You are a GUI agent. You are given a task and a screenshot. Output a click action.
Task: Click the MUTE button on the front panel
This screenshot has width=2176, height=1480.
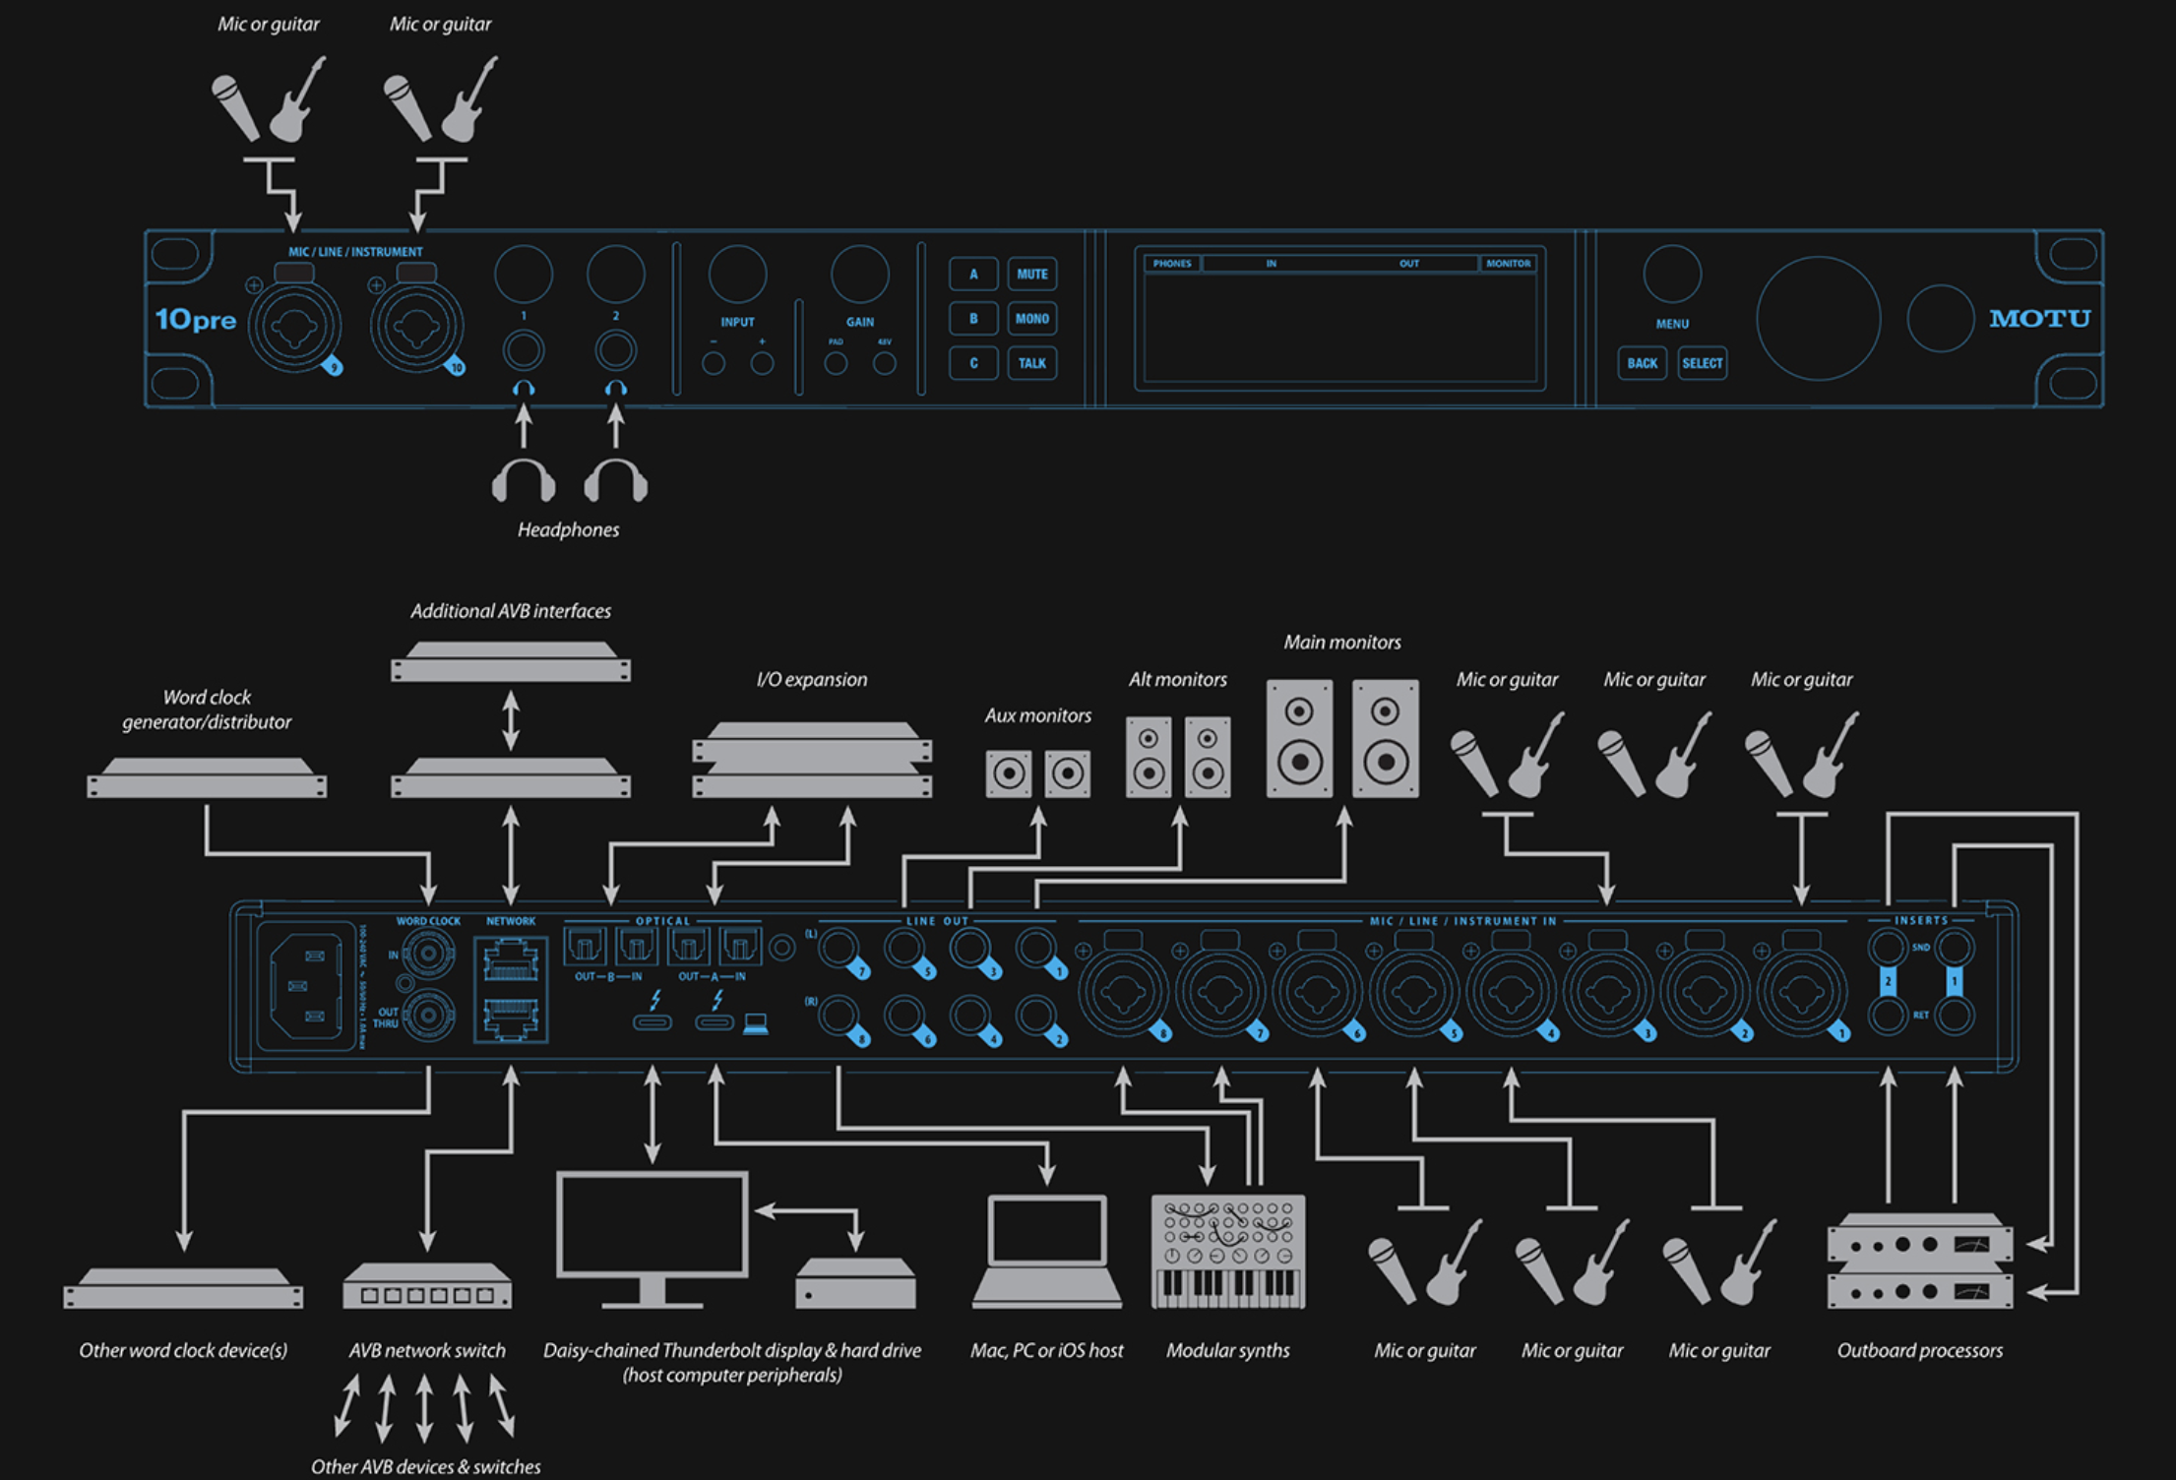[1031, 275]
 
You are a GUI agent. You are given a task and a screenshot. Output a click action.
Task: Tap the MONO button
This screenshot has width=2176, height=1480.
[1031, 319]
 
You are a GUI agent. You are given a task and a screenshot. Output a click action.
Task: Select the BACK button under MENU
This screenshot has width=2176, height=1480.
[1642, 363]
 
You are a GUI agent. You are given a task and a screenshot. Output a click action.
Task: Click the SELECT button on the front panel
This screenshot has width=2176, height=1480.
[1702, 363]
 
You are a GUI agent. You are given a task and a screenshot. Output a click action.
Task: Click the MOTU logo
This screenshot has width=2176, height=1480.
[2039, 319]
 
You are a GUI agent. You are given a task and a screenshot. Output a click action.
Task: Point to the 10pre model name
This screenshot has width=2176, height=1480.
[196, 320]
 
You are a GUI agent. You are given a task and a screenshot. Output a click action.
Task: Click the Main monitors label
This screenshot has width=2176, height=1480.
[1341, 643]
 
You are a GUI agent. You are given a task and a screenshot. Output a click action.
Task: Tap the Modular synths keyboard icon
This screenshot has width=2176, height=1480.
[1227, 1252]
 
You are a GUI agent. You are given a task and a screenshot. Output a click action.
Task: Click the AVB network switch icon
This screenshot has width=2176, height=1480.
[427, 1285]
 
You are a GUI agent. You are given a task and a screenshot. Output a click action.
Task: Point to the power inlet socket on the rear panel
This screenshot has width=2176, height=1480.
[305, 985]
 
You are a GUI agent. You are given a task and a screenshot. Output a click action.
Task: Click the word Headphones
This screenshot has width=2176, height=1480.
[568, 530]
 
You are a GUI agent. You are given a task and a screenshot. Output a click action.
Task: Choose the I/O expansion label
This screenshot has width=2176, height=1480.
[811, 680]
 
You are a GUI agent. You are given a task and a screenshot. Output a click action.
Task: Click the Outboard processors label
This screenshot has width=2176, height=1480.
[1919, 1351]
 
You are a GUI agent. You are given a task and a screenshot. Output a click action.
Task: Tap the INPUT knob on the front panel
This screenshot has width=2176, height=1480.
[737, 275]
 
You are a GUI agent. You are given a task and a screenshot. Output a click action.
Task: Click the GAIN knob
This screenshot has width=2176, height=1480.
[859, 275]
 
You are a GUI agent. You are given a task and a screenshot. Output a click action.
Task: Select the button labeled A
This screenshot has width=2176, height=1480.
[973, 275]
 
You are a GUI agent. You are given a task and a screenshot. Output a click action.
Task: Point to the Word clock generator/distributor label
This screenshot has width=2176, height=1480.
[207, 709]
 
